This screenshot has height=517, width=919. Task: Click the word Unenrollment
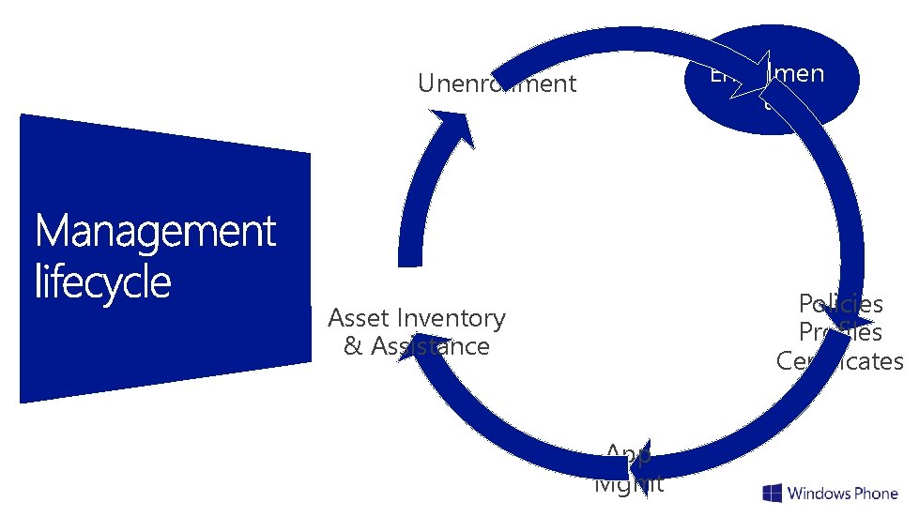coord(497,84)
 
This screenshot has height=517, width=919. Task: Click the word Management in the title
coord(156,232)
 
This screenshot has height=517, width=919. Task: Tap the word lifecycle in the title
coord(103,281)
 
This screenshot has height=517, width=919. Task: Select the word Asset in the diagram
coord(360,318)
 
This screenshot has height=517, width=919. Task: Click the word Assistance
coord(430,346)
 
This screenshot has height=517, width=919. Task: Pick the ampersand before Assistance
coord(353,346)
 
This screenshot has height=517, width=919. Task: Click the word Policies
coord(840,303)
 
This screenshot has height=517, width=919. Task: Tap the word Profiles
coord(840,332)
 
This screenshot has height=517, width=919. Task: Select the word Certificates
coord(839,361)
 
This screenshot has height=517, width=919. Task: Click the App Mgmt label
coord(629,469)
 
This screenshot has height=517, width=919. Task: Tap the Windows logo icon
coord(773,494)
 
